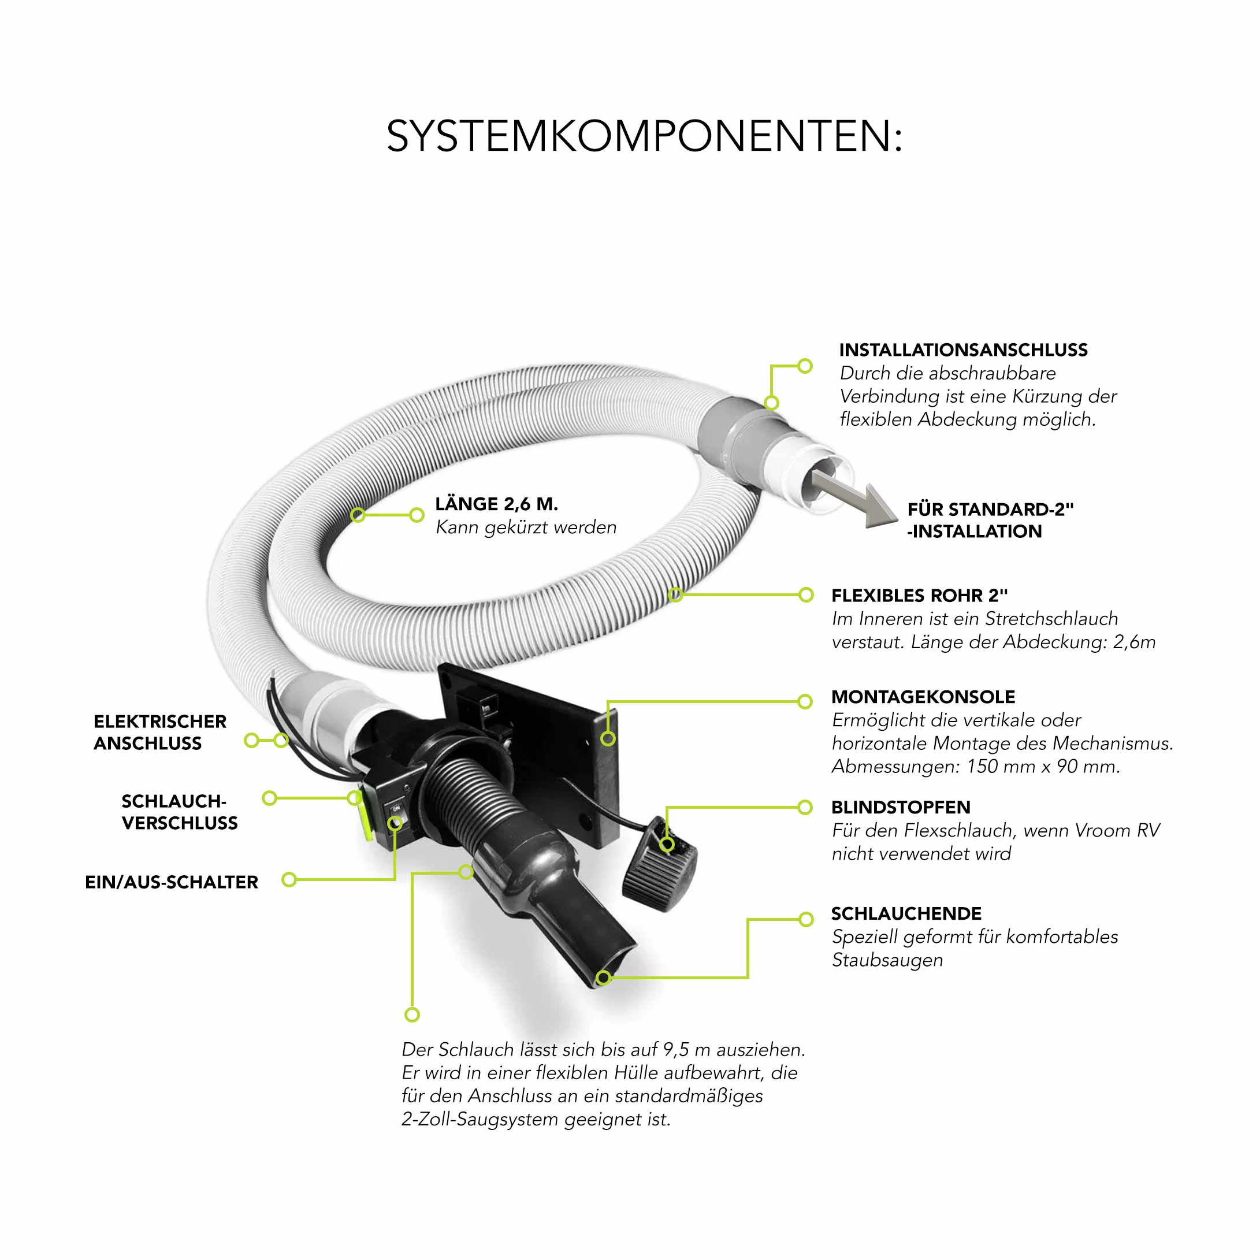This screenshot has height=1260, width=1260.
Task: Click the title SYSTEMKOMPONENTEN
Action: tap(644, 136)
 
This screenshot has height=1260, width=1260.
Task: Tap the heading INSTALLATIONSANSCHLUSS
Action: tap(963, 350)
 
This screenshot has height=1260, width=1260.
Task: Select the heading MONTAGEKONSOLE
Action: tap(923, 697)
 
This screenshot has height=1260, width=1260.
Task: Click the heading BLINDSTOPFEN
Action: tap(901, 808)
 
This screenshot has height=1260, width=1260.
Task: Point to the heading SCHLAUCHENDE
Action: tap(906, 914)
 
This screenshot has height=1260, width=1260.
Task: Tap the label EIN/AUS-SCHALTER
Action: tap(172, 882)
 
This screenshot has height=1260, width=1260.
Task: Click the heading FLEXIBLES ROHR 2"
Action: tap(920, 596)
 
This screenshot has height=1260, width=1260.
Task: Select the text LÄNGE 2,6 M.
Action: tap(496, 504)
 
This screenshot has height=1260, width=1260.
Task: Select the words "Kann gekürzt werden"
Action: tap(526, 527)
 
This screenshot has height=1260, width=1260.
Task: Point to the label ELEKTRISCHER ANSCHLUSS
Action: tap(160, 733)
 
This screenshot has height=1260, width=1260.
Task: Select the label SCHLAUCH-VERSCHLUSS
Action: tap(179, 812)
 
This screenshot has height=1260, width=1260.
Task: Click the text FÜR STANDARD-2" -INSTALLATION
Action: tap(990, 521)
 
